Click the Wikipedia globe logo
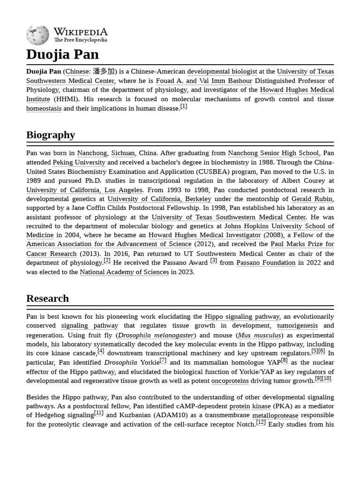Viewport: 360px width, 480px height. (x=37, y=36)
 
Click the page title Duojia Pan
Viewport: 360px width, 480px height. (x=62, y=54)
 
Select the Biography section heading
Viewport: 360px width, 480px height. (x=51, y=135)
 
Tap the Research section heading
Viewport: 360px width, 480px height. (x=47, y=299)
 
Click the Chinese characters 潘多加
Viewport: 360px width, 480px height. (x=104, y=72)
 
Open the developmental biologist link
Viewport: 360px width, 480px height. (x=222, y=72)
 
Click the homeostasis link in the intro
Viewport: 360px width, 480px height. (x=44, y=108)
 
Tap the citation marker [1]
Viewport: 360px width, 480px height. (x=184, y=106)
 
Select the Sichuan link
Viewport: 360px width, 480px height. (x=123, y=153)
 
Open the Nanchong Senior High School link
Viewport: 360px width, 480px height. (x=273, y=153)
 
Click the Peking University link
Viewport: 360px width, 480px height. (x=79, y=163)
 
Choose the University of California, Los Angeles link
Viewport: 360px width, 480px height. (x=84, y=190)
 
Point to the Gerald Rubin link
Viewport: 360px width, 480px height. (x=312, y=199)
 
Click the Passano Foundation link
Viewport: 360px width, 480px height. (x=266, y=263)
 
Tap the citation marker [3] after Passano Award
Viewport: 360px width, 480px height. (x=213, y=261)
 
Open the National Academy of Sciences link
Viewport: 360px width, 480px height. (x=124, y=272)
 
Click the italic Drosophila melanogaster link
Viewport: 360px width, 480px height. (x=156, y=335)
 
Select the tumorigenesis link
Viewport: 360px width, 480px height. (x=297, y=326)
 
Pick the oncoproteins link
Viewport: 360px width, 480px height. (x=230, y=381)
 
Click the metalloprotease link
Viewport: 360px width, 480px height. (x=275, y=415)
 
